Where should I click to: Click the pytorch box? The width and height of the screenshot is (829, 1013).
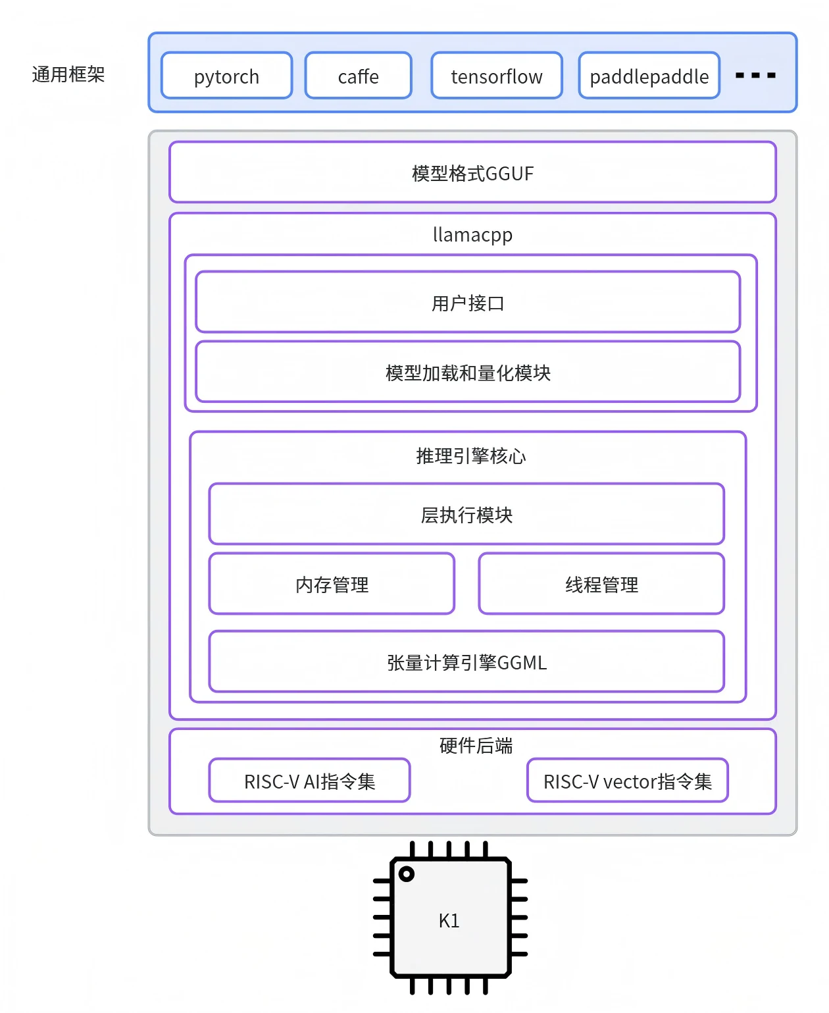pos(226,76)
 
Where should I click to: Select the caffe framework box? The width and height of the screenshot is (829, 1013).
pos(358,76)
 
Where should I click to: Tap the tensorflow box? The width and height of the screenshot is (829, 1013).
pos(496,76)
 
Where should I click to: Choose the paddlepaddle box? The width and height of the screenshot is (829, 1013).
pos(649,76)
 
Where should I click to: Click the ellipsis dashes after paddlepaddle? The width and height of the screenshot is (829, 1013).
pos(755,75)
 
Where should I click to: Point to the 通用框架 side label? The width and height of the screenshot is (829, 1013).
pos(68,74)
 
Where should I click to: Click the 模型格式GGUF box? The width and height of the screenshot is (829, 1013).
pos(472,172)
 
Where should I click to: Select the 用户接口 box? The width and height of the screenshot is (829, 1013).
pos(468,301)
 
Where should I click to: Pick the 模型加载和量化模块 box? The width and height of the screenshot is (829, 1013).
pos(468,371)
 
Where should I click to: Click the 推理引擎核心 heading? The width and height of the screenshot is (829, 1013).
pos(470,455)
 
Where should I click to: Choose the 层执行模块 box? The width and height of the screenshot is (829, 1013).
pos(466,513)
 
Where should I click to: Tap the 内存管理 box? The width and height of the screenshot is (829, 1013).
pos(331,583)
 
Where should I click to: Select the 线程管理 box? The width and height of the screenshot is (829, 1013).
pos(601,583)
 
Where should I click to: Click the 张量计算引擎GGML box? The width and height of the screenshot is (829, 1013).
pos(466,661)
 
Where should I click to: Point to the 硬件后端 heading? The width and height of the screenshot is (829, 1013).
pos(475,745)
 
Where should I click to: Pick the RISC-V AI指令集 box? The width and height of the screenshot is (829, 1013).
pos(309,780)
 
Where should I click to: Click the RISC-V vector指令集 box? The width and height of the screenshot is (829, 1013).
pos(627,780)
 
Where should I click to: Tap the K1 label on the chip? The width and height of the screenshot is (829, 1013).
pos(449,920)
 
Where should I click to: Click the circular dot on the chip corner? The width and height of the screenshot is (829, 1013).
pos(406,873)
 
